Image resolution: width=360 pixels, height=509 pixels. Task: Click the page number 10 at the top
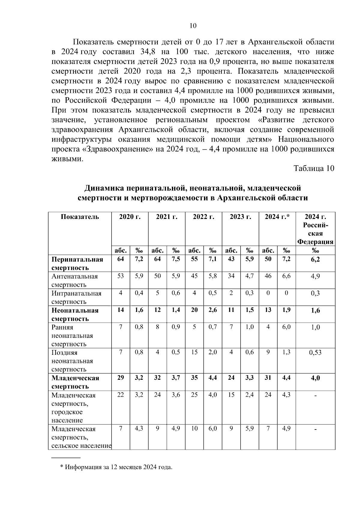pos(193,25)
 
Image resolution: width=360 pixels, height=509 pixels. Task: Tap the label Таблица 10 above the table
pos(314,168)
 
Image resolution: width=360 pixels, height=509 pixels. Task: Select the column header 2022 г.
pos(203,217)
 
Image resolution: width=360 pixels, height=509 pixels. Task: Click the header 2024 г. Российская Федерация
pos(315,229)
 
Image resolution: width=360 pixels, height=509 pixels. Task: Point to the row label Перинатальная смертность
pos(77,263)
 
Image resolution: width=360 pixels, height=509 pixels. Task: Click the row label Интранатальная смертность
pos(76,297)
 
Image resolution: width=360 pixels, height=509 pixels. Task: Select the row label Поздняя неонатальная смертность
pos(72,361)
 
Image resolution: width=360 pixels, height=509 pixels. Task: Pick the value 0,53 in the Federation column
pos(315,352)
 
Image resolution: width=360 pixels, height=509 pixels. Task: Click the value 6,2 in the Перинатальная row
pos(315,259)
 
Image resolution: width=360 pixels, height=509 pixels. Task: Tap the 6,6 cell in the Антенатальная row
pos(286,276)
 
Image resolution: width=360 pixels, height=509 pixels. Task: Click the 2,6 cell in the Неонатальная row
pos(212,310)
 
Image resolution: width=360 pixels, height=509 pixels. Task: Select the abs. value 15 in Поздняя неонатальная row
pos(194,352)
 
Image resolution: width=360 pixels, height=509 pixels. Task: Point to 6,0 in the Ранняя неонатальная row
pos(286,327)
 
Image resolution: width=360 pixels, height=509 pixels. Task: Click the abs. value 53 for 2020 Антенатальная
pos(120,276)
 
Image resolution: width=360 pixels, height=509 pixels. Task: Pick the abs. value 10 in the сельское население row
pos(194,429)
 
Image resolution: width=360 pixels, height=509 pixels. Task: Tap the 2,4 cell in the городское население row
pos(249,395)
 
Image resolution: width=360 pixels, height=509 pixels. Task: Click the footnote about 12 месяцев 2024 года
pos(116,467)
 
